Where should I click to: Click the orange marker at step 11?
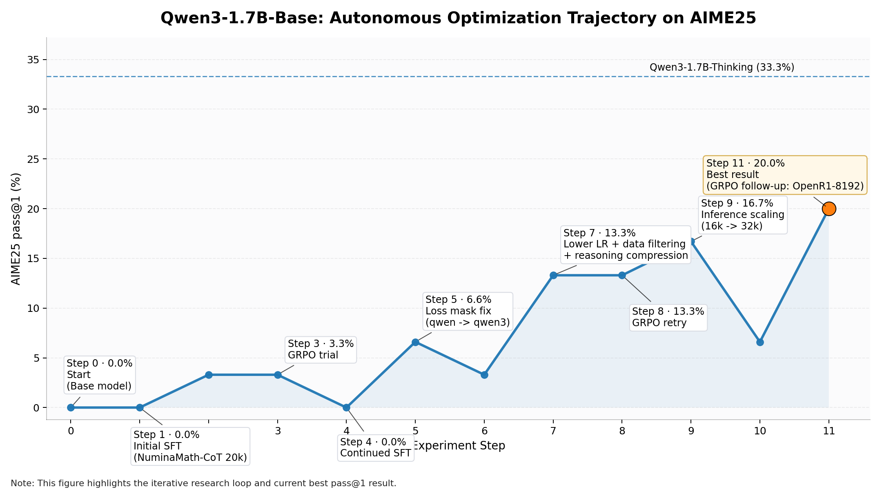point(829,209)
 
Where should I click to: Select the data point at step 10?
point(760,342)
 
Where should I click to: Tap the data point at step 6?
point(484,375)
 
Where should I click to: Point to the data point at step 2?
point(209,375)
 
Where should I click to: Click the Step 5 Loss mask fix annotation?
point(468,311)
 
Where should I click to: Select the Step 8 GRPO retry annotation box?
point(668,317)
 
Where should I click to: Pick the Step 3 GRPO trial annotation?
point(321,349)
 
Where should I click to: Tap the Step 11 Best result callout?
point(785,175)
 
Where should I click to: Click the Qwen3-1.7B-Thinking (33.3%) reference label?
point(722,67)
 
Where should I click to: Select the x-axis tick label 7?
point(553,431)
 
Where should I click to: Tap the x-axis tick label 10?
point(760,431)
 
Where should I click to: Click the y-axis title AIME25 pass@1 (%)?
point(16,229)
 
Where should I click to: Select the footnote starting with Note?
point(203,484)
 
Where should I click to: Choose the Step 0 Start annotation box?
point(99,375)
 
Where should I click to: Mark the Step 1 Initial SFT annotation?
point(190,446)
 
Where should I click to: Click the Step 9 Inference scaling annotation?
point(742,215)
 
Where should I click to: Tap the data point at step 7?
point(553,276)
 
